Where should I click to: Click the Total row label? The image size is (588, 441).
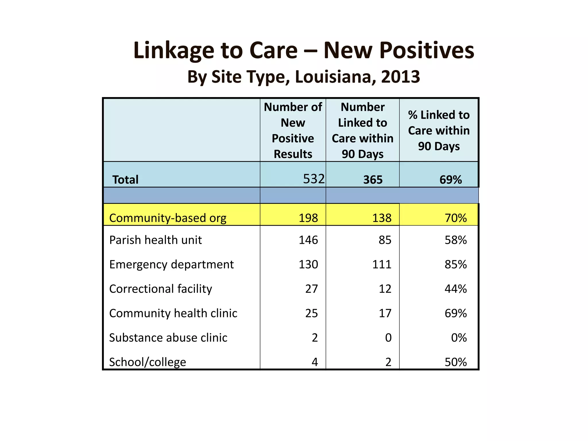[125, 180]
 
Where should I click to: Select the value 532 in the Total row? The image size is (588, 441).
[314, 179]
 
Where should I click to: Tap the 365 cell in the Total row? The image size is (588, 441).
[373, 180]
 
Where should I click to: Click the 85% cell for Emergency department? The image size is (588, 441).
[455, 264]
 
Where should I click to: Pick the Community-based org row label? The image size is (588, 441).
[168, 218]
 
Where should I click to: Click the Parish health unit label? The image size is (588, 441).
[155, 240]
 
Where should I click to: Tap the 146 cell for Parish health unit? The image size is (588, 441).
[308, 240]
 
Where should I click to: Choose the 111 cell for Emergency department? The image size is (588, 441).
[382, 264]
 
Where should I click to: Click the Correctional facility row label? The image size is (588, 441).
[160, 289]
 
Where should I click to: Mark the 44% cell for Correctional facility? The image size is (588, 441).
[455, 289]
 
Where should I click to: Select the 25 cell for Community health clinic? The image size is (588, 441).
[311, 313]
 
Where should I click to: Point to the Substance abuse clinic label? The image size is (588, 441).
[168, 338]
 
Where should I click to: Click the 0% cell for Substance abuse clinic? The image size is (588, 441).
[459, 338]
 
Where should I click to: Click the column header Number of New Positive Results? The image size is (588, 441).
[293, 130]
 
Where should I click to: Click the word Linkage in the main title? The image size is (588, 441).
[173, 51]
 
